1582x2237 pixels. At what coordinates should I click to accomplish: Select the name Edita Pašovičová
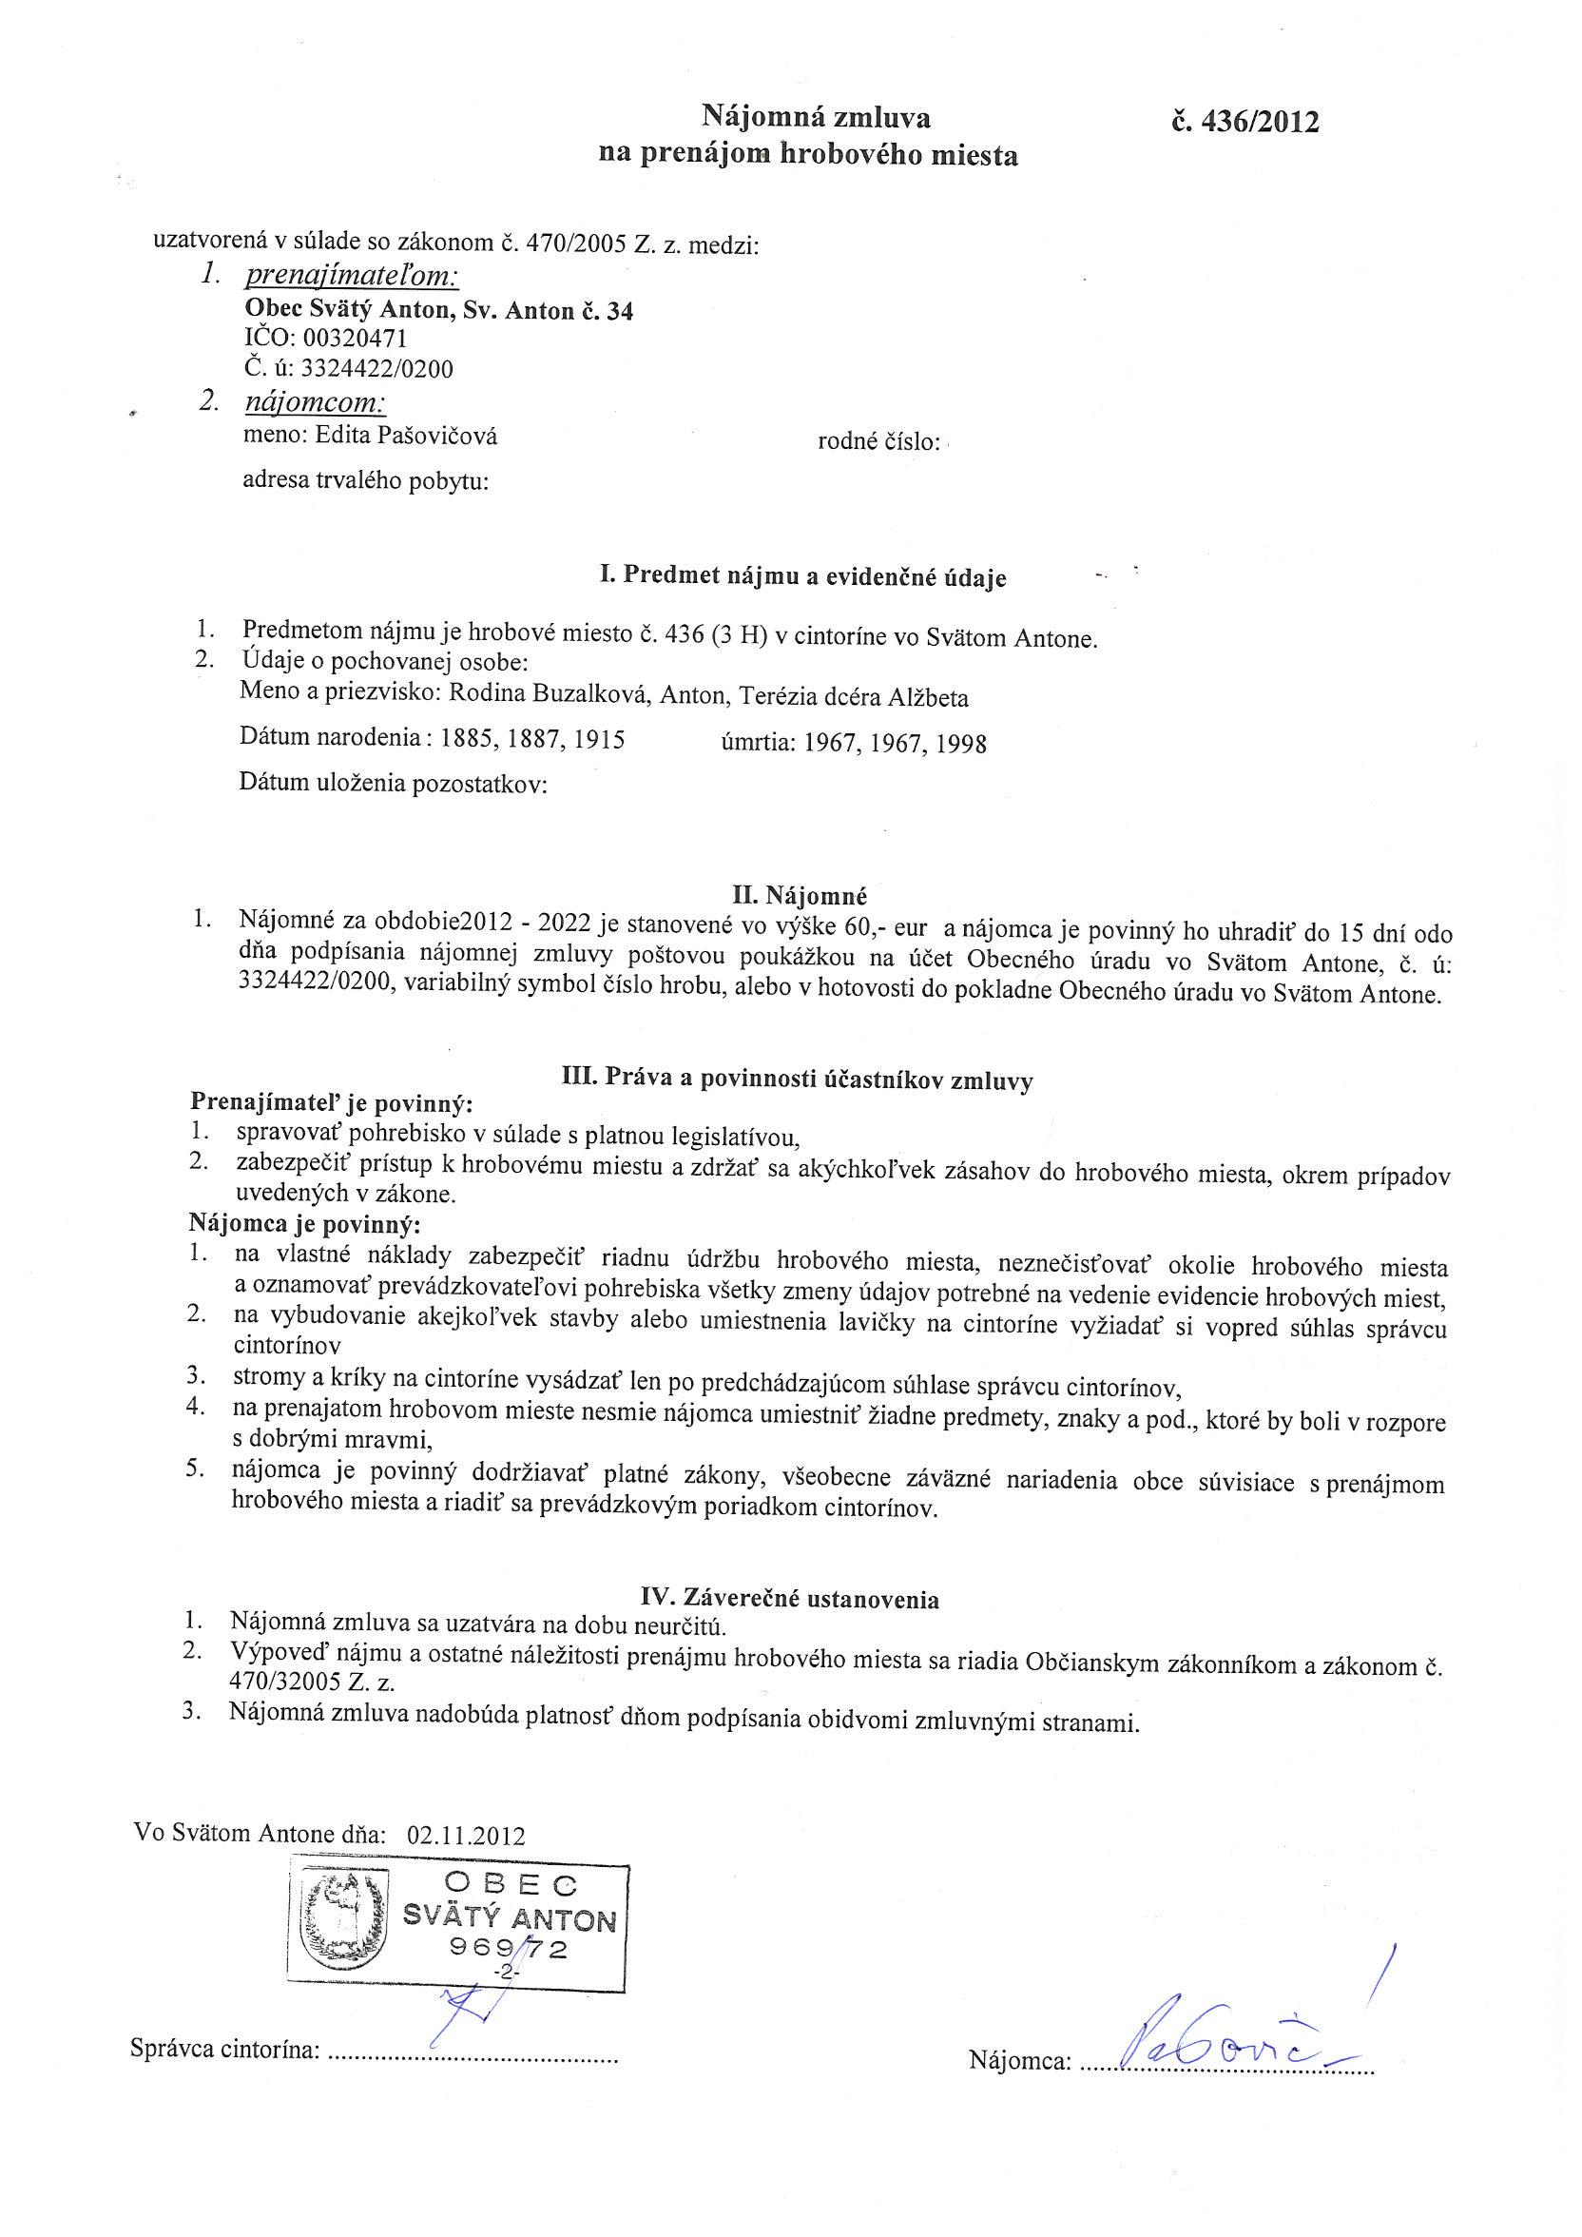pyautogui.click(x=406, y=436)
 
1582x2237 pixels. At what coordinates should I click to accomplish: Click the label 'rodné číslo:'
pyautogui.click(x=878, y=443)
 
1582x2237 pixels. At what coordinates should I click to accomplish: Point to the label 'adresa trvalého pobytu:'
pyautogui.click(x=365, y=480)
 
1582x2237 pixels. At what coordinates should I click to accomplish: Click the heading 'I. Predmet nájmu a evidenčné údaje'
pyautogui.click(x=801, y=576)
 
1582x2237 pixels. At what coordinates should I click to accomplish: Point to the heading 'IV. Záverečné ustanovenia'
pyautogui.click(x=789, y=1599)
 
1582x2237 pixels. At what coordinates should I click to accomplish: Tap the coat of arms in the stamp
pyautogui.click(x=345, y=1933)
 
